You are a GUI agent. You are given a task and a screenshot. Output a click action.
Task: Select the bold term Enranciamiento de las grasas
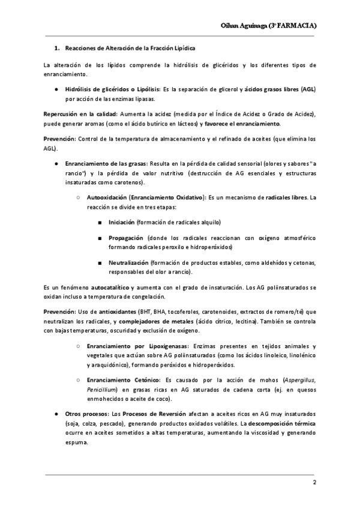[107, 163]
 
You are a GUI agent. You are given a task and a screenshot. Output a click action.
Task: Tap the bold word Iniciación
[122, 222]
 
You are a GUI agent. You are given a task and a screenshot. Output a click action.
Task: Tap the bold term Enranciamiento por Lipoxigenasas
[137, 346]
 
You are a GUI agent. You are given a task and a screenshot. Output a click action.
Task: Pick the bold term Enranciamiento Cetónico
[124, 380]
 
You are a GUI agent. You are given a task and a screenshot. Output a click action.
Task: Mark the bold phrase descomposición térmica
[284, 423]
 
